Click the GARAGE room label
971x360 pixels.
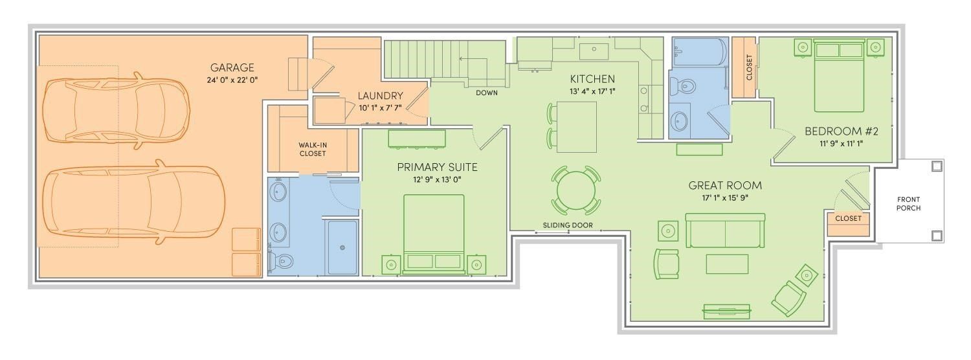coord(232,67)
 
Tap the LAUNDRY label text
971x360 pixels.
coord(381,96)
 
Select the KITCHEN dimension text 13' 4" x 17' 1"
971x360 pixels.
coord(592,91)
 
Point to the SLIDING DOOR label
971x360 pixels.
coord(568,225)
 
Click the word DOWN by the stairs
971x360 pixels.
coord(486,93)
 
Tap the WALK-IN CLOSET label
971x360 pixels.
coord(312,149)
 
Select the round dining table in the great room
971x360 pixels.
coord(575,190)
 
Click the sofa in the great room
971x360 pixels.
coord(726,231)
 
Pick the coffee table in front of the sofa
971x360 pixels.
coord(726,264)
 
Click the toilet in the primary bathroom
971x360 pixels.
coord(284,261)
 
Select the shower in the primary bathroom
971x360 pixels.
coord(342,247)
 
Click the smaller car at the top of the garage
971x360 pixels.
coord(115,107)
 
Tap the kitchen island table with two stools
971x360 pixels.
coord(576,126)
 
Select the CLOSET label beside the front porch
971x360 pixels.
coord(848,219)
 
